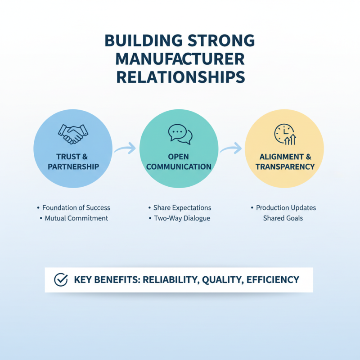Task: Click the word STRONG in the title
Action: (221, 40)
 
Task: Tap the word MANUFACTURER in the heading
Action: (180, 59)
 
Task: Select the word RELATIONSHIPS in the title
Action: (181, 77)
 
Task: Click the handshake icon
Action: (73, 134)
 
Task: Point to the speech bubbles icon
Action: (180, 134)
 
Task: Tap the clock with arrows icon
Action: (285, 134)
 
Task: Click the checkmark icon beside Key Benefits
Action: (61, 279)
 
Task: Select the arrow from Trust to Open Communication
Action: (126, 148)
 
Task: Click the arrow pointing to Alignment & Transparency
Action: (231, 148)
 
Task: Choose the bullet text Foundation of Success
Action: (76, 208)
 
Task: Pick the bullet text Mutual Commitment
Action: (76, 218)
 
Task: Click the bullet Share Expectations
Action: (182, 208)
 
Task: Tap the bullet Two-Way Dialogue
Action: (182, 218)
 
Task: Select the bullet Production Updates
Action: (286, 208)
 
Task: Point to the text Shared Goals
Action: (283, 218)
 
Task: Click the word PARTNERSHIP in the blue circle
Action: (73, 166)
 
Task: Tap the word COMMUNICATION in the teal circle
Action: (179, 166)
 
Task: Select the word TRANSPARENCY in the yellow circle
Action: (285, 166)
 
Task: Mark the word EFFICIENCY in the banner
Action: (273, 279)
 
